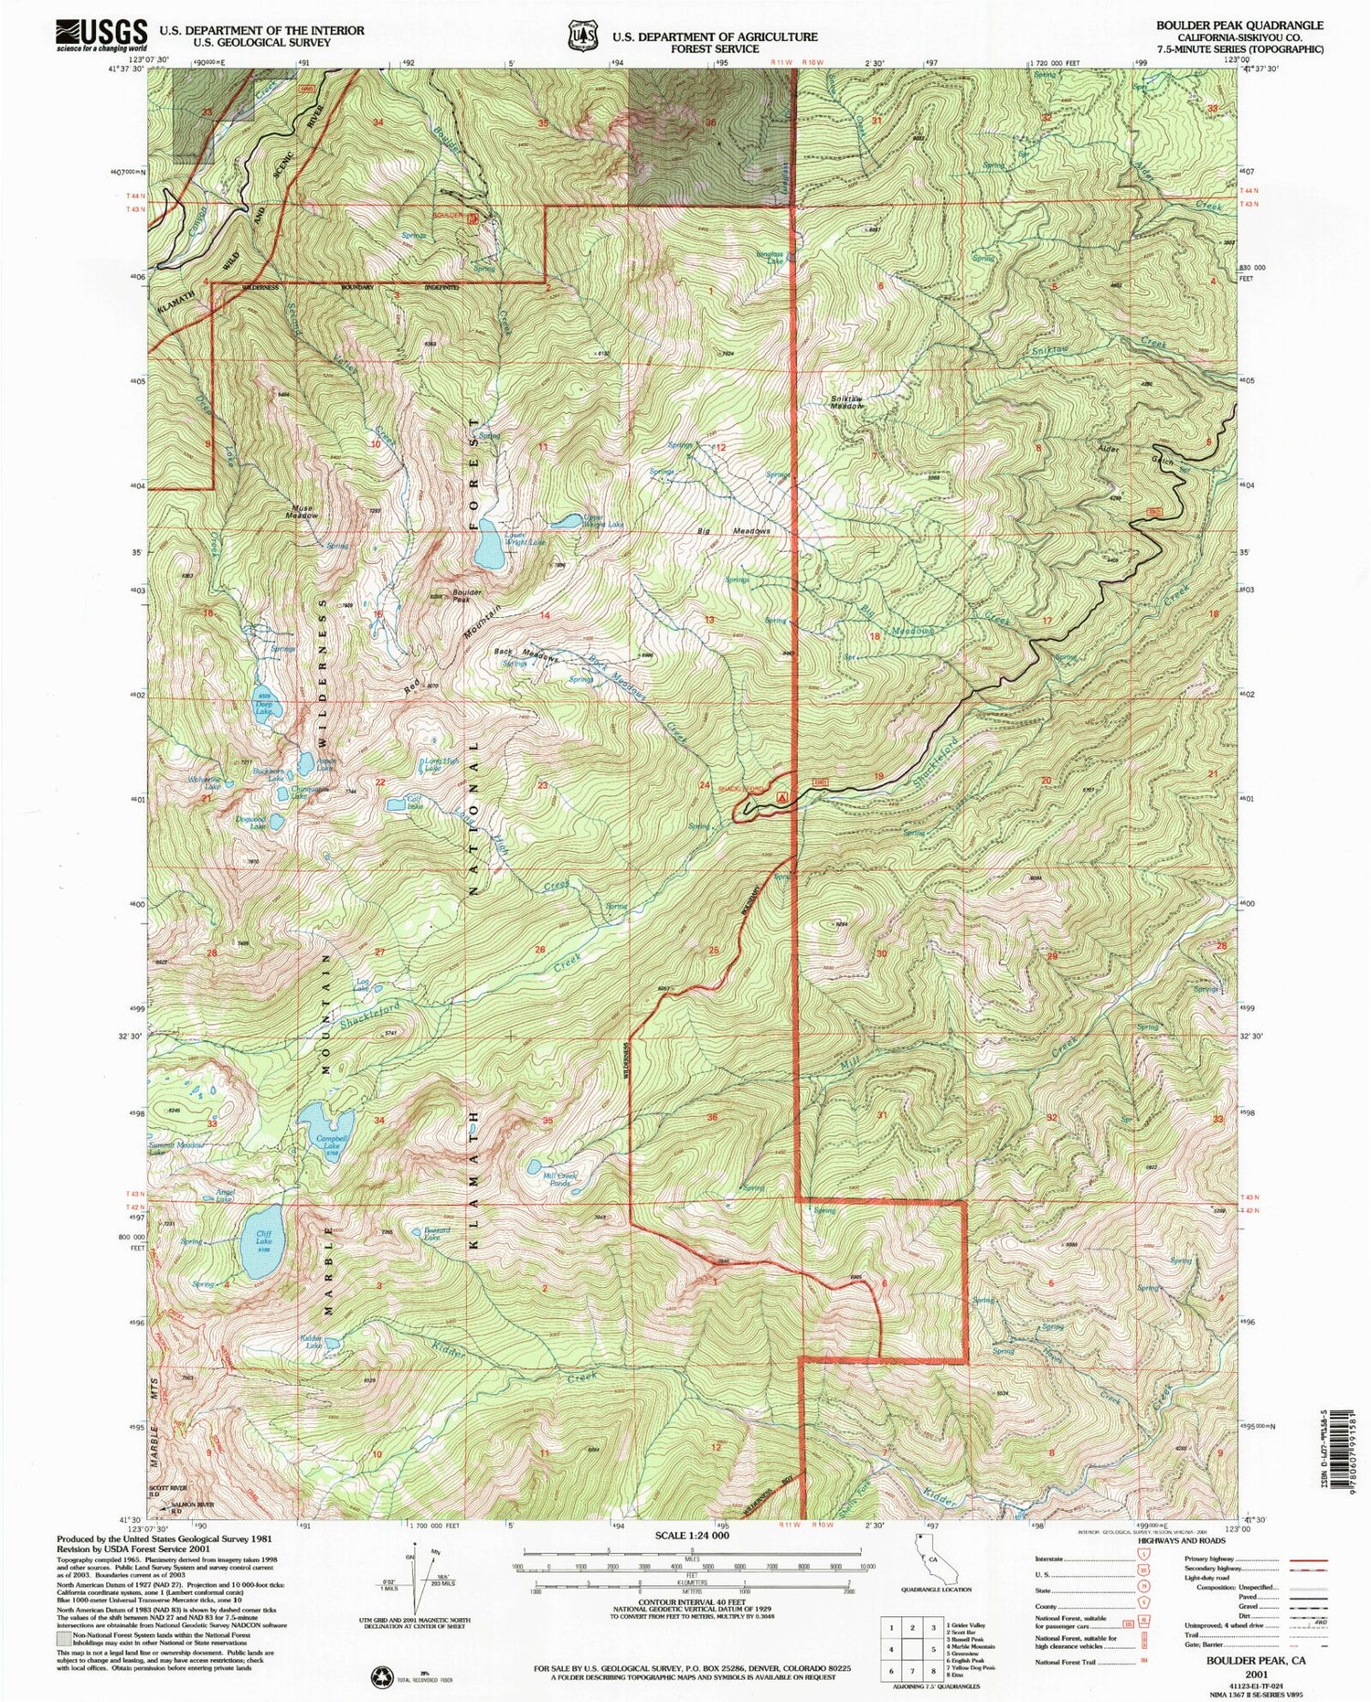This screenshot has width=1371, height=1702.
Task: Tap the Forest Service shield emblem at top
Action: pos(580,35)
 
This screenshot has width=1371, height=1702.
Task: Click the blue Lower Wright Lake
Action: pos(487,547)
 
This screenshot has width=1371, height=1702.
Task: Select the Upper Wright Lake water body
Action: pos(566,522)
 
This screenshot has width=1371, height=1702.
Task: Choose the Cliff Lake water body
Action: pos(260,1241)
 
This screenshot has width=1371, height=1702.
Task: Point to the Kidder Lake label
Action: pos(311,1342)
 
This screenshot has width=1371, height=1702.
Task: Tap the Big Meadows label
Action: pos(738,530)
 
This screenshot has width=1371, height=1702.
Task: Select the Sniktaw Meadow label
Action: pos(846,402)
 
